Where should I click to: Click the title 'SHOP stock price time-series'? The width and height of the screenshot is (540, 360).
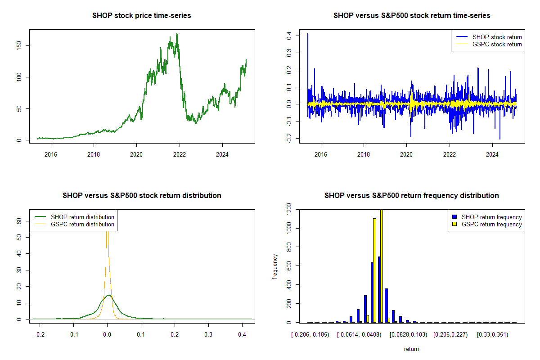click(x=142, y=16)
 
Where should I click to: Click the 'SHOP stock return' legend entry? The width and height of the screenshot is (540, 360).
click(x=497, y=37)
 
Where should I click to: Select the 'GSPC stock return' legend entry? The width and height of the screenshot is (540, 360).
click(x=497, y=45)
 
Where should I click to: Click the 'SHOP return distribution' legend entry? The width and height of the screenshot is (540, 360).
click(x=82, y=217)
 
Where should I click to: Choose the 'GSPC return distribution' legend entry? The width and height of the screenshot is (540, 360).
click(x=82, y=224)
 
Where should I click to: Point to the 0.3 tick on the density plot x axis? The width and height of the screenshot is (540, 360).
click(x=208, y=335)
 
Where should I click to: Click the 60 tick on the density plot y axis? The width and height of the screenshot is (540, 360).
click(x=19, y=221)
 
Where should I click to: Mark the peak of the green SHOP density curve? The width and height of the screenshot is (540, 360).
click(x=108, y=295)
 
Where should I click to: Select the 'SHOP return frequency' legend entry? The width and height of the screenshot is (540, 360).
click(x=492, y=217)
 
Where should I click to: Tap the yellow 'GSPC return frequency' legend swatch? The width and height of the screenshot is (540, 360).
click(x=454, y=224)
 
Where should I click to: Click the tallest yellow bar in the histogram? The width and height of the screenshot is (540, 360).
click(x=382, y=265)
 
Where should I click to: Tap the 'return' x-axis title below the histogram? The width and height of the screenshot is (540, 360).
click(x=411, y=349)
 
